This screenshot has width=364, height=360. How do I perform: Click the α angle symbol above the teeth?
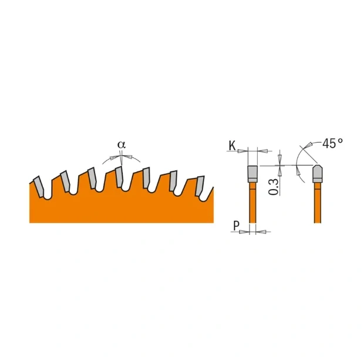click(122, 144)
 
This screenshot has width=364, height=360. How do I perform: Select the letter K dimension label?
click(232, 145)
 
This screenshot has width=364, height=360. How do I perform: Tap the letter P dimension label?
click(235, 225)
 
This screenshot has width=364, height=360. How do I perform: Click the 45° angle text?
click(332, 143)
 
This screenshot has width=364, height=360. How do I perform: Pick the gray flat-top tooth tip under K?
click(252, 173)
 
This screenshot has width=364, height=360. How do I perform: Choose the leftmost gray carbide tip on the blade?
click(38, 186)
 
